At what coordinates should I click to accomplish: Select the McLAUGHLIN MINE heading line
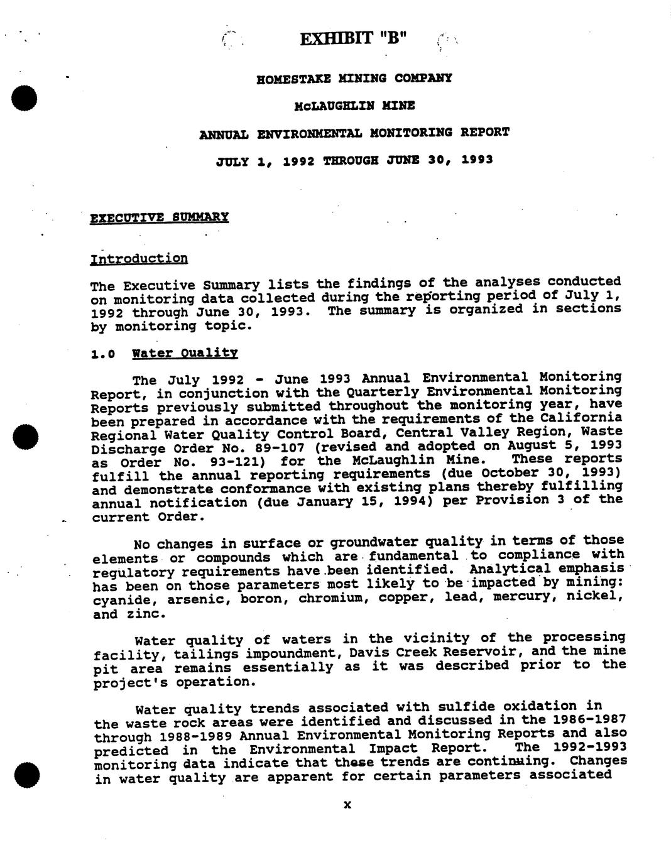(x=354, y=106)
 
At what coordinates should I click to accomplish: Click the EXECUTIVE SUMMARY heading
(x=160, y=217)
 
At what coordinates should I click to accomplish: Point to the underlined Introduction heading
(x=139, y=259)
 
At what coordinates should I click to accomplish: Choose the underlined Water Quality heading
(x=185, y=353)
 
